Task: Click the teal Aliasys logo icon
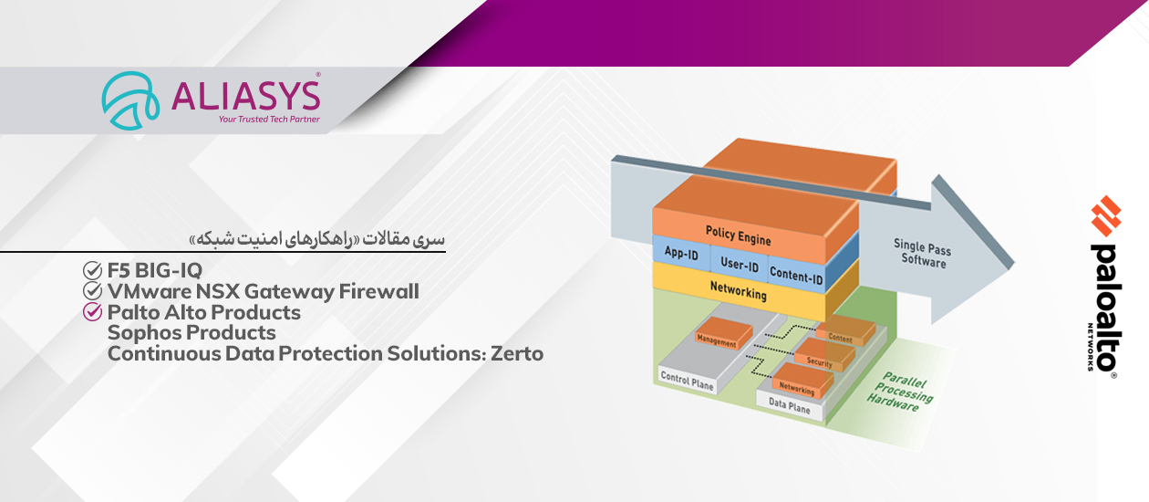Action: [130, 100]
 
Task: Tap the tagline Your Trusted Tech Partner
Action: [269, 119]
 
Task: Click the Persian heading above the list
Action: [317, 239]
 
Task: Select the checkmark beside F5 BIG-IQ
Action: [92, 270]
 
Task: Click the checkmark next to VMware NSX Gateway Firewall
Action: [92, 291]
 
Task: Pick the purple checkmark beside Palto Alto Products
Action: [92, 311]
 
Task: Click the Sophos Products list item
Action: [191, 333]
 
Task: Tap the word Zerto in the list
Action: [517, 353]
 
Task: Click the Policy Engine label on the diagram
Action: [738, 235]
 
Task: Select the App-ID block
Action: [682, 253]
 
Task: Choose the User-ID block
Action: [740, 264]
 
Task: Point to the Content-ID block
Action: [796, 275]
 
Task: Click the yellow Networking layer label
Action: [738, 290]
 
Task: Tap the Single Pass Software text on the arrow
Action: [923, 254]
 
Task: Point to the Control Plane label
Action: [687, 381]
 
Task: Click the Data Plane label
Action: [790, 406]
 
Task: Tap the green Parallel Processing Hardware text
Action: [900, 392]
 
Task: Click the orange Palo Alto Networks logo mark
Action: [1106, 215]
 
